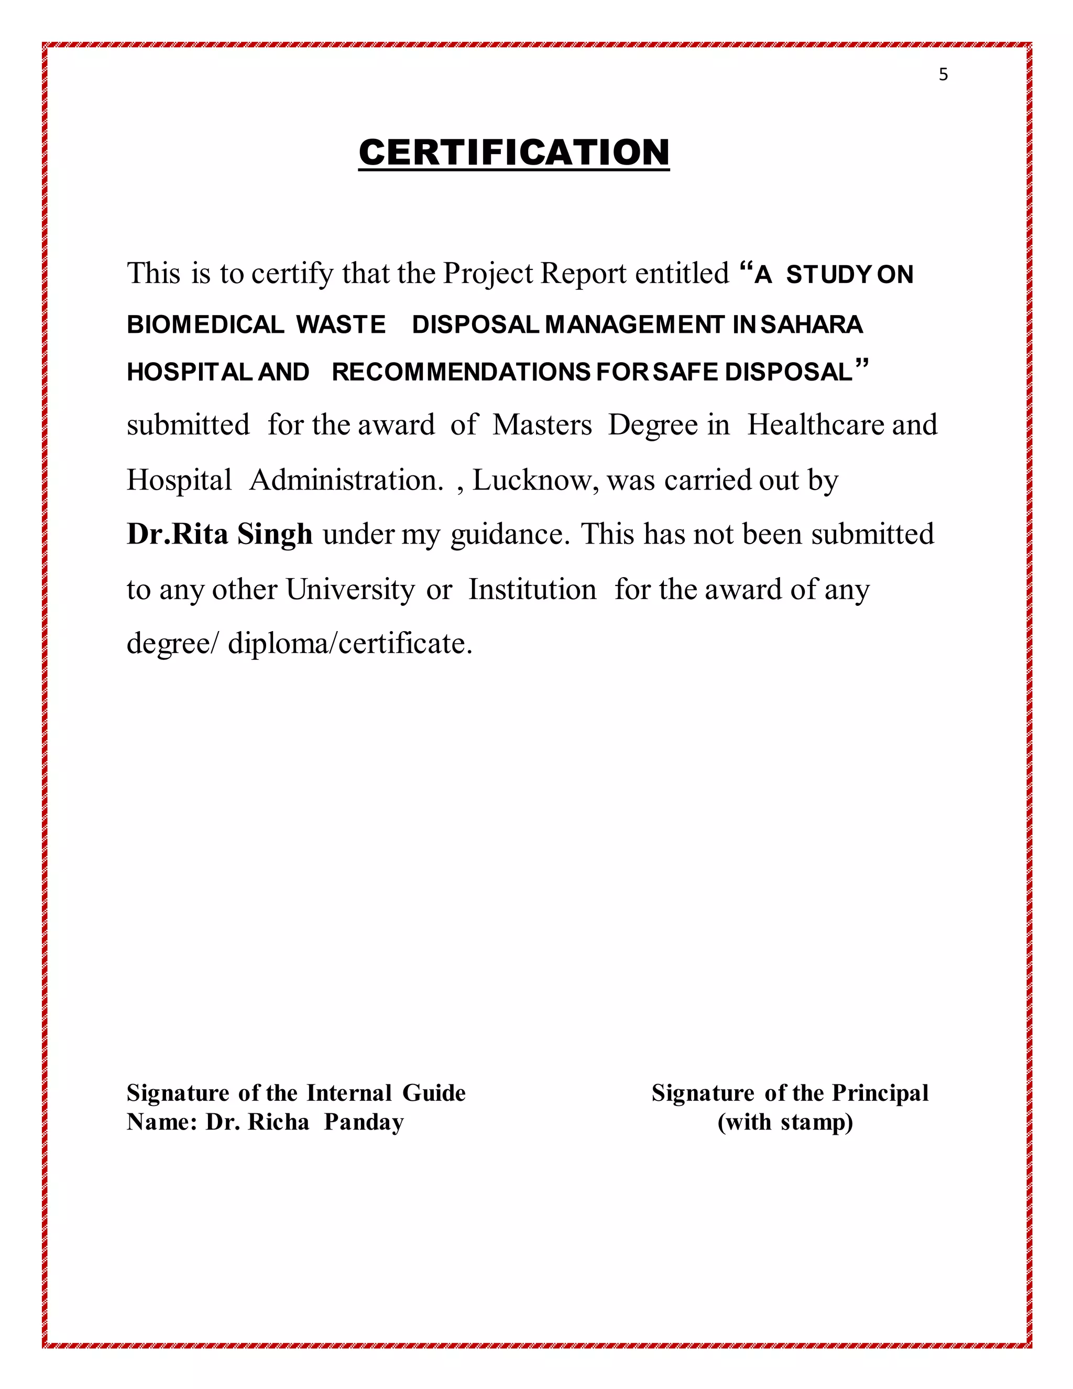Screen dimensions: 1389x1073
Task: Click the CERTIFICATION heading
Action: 513,153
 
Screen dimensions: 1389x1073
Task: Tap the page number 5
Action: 943,74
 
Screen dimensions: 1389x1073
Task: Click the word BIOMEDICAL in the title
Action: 205,324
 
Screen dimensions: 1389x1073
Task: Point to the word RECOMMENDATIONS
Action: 462,372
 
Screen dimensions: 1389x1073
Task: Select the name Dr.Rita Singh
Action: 220,534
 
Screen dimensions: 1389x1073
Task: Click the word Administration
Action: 345,480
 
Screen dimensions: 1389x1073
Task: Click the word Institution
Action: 532,590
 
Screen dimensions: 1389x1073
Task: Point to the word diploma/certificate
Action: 349,644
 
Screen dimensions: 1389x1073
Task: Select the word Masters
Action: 542,425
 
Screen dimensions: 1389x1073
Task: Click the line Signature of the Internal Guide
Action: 295,1093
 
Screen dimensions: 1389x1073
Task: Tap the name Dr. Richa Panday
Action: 304,1122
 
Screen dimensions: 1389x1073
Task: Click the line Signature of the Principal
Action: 790,1093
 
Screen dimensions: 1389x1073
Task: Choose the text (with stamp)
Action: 785,1122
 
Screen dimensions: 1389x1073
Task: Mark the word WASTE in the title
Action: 340,324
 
